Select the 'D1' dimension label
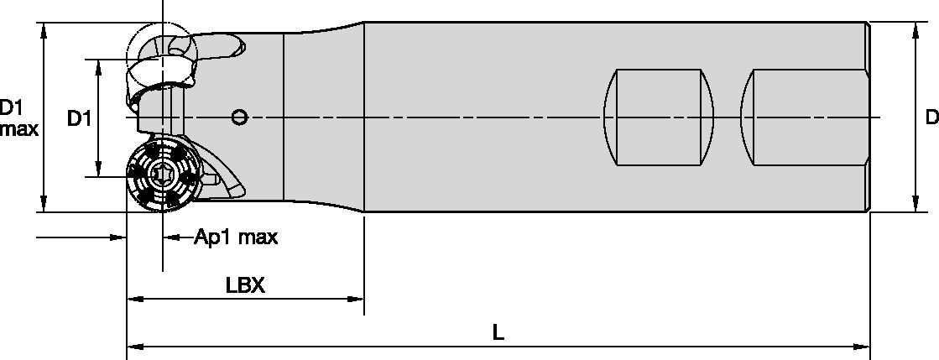pyautogui.click(x=78, y=118)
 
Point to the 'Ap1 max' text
pyautogui.click(x=236, y=237)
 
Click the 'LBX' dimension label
pyautogui.click(x=245, y=285)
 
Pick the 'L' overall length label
pyautogui.click(x=498, y=332)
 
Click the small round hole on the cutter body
pyautogui.click(x=240, y=117)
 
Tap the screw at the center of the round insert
pyautogui.click(x=161, y=175)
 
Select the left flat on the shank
pyautogui.click(x=660, y=117)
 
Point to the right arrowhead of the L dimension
pyautogui.click(x=863, y=345)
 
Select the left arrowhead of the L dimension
pyautogui.click(x=133, y=345)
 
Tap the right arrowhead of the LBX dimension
pyautogui.click(x=357, y=298)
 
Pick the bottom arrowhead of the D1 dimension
pyautogui.click(x=99, y=170)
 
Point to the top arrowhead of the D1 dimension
pyautogui.click(x=99, y=66)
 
